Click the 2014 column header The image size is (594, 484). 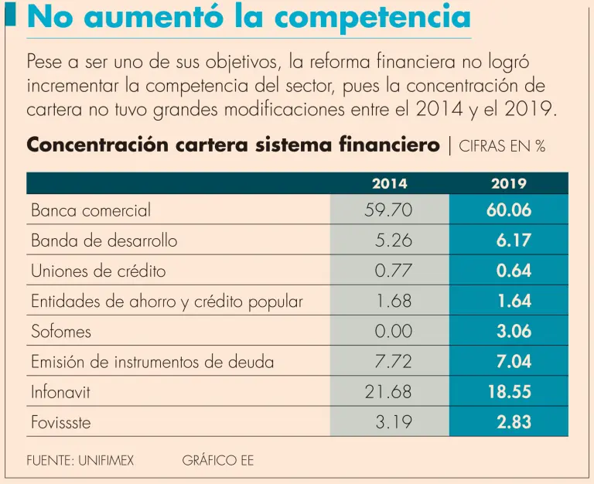[389, 184]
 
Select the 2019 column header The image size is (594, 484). [508, 184]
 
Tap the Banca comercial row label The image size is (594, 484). [91, 210]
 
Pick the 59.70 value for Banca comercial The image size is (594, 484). [388, 210]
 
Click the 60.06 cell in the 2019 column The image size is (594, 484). [509, 210]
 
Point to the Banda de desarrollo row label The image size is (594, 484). [104, 240]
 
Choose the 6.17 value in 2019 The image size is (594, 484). [514, 240]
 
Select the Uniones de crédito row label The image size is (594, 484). [98, 271]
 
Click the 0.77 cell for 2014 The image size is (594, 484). [393, 271]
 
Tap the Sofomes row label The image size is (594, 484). [61, 332]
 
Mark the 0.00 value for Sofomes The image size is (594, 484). [393, 332]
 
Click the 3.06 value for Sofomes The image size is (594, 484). [514, 332]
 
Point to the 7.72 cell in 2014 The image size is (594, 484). [393, 362]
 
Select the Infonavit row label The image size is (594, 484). [60, 392]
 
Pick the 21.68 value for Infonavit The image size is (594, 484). [388, 392]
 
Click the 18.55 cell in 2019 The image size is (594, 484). [509, 392]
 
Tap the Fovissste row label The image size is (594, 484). [62, 422]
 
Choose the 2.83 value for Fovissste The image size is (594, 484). [514, 422]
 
